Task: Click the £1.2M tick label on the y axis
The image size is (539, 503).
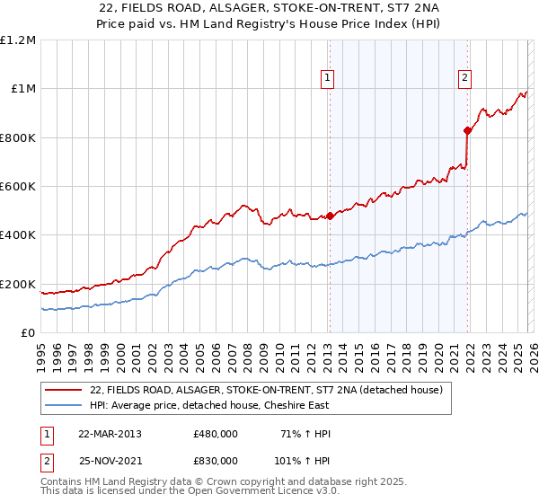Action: [18, 40]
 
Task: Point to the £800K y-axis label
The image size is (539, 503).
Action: [18, 137]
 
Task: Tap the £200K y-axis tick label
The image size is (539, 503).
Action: [18, 284]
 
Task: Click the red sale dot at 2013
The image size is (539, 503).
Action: [330, 216]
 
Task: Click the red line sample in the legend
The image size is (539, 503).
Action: [64, 391]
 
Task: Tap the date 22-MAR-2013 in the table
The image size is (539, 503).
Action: [110, 434]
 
